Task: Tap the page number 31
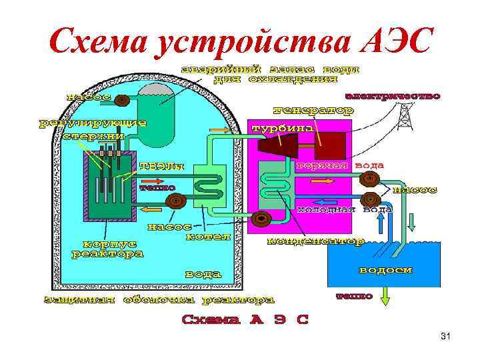click(446, 337)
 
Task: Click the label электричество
click(397, 97)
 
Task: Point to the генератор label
click(313, 110)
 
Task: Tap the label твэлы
click(161, 166)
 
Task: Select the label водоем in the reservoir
click(385, 271)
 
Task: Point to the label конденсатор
click(315, 241)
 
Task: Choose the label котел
click(208, 236)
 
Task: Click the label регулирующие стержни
click(93, 129)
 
